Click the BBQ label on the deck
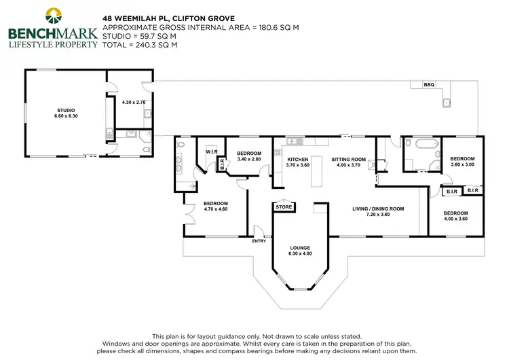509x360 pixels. pyautogui.click(x=429, y=85)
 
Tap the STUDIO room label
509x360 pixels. pyautogui.click(x=66, y=110)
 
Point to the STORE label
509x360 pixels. pyautogui.click(x=283, y=207)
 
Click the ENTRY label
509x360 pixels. pyautogui.click(x=259, y=240)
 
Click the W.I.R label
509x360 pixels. pyautogui.click(x=211, y=152)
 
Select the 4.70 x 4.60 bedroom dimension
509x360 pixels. pyautogui.click(x=216, y=209)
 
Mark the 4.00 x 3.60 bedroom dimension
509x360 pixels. pyautogui.click(x=455, y=219)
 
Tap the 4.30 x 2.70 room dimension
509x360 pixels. pyautogui.click(x=134, y=103)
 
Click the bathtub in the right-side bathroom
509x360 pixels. pyautogui.click(x=415, y=144)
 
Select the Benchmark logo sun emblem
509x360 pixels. pyautogui.click(x=52, y=14)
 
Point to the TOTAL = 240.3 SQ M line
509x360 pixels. pyautogui.click(x=139, y=44)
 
